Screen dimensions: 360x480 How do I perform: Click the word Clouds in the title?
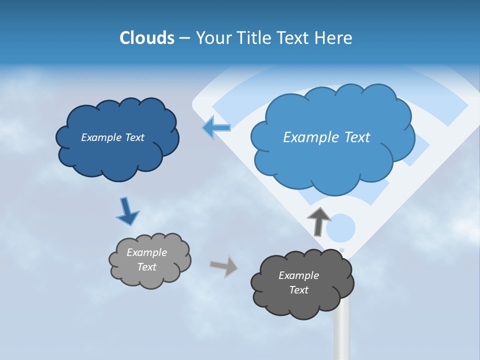coord(146,38)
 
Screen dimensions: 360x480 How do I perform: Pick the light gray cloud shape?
coord(149,260)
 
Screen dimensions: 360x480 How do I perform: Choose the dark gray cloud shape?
coord(302,283)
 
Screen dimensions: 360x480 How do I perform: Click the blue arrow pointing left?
coord(216,127)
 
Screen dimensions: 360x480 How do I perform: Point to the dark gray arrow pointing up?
coord(318,220)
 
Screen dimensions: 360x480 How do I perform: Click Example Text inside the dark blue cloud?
coord(112,137)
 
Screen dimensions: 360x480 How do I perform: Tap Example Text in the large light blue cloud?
coord(326,137)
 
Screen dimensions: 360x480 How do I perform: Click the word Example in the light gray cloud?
coord(146,252)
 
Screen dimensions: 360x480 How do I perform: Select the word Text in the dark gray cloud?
coord(298,290)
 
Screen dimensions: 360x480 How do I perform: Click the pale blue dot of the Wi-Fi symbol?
coord(341,228)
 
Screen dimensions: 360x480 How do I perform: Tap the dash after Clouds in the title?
coord(184,38)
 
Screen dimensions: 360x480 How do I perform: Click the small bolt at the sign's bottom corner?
coord(342,250)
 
